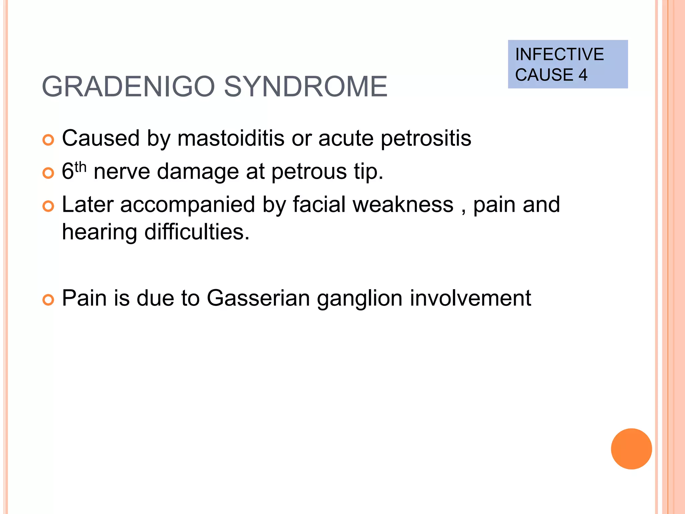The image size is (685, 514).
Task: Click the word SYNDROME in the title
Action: point(305,87)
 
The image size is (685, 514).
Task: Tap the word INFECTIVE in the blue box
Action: point(559,55)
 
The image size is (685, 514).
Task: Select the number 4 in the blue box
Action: point(583,75)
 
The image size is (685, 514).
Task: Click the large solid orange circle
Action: point(631,449)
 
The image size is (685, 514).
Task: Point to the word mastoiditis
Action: point(231,138)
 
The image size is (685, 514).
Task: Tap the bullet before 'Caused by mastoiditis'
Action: point(48,140)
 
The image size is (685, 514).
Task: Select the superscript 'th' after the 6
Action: point(80,166)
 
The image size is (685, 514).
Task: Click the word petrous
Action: point(309,172)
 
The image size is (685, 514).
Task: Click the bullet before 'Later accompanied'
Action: point(48,206)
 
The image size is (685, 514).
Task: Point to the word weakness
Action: point(403,204)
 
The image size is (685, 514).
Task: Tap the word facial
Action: point(319,204)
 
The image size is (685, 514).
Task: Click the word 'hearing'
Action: point(99,232)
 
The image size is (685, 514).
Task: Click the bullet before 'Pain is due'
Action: point(48,300)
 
